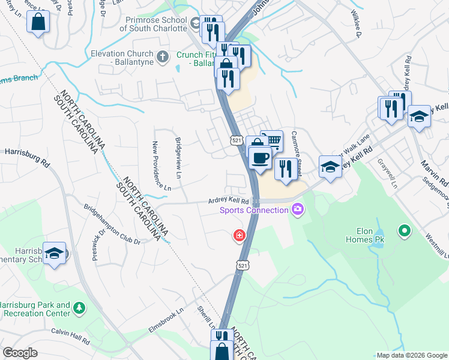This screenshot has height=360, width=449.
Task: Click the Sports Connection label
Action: point(254,210)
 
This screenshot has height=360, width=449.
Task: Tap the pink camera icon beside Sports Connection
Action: point(297,209)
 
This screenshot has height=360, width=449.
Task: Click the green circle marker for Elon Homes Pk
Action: point(405,230)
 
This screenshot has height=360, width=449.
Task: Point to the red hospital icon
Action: point(240,235)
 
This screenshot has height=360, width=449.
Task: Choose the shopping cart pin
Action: point(272,142)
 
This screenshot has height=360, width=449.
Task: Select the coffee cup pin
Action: point(260,158)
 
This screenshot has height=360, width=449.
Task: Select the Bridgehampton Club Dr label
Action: point(112,224)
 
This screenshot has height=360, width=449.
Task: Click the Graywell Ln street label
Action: point(387,173)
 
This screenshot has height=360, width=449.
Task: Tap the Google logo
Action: point(20,353)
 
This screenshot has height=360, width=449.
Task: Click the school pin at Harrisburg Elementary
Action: point(55,254)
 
